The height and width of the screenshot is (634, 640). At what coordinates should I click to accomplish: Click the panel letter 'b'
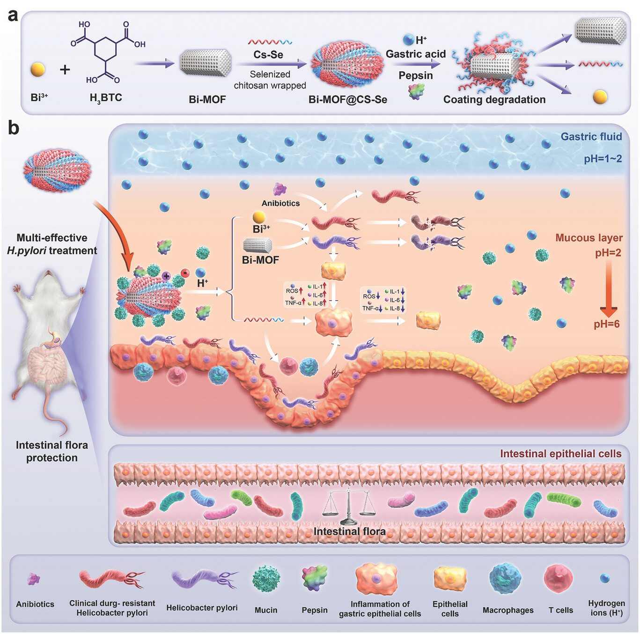click(x=14, y=127)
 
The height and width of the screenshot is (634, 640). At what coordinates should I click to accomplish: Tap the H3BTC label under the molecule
click(x=106, y=98)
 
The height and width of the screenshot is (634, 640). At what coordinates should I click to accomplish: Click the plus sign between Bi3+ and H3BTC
click(x=65, y=70)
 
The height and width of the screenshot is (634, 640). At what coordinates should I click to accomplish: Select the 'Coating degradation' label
click(x=494, y=99)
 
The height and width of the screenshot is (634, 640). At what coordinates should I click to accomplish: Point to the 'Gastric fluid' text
click(x=591, y=137)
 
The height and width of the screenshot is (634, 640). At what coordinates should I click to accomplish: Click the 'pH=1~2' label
click(x=603, y=159)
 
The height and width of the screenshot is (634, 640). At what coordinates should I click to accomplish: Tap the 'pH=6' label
click(x=607, y=324)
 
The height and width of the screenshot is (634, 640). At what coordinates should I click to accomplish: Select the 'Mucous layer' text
click(x=589, y=238)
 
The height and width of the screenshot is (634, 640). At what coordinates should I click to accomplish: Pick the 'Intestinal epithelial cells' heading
click(x=560, y=454)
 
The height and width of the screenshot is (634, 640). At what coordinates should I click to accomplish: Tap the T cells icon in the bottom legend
click(x=558, y=578)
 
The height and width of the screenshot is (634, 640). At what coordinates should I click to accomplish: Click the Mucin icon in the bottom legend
click(x=266, y=579)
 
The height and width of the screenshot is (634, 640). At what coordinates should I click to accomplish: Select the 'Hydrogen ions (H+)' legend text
click(x=606, y=608)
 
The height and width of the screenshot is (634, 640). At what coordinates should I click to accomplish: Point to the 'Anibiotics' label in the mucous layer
click(x=280, y=203)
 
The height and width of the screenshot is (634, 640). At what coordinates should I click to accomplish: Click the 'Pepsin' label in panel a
click(x=415, y=75)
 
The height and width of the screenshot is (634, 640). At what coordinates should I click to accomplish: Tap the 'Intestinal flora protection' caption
click(x=51, y=451)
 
